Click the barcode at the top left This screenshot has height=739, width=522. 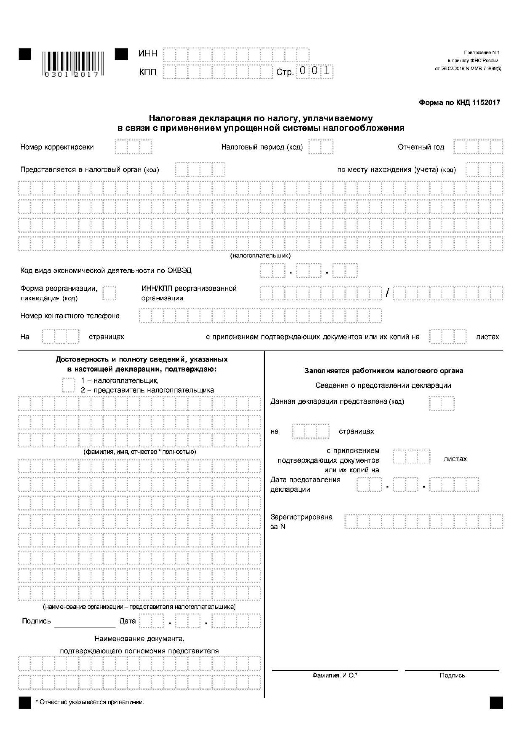coord(73,64)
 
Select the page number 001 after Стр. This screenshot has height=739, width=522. coord(314,71)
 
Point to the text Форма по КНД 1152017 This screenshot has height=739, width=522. coord(459,103)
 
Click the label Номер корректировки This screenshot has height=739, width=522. coord(57,147)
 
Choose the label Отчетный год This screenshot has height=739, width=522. coord(421,147)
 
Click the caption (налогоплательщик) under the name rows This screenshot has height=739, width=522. coord(260,256)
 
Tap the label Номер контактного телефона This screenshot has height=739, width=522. coord(70,316)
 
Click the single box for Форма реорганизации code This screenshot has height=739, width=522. coord(109,293)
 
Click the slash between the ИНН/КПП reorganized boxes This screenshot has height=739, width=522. coord(387,293)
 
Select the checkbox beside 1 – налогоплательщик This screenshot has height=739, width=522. coord(68,385)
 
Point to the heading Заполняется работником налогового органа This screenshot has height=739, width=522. coord(383,371)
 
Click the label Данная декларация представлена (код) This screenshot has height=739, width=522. coord(337,401)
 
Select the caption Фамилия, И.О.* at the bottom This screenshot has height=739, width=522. coord(335,675)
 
